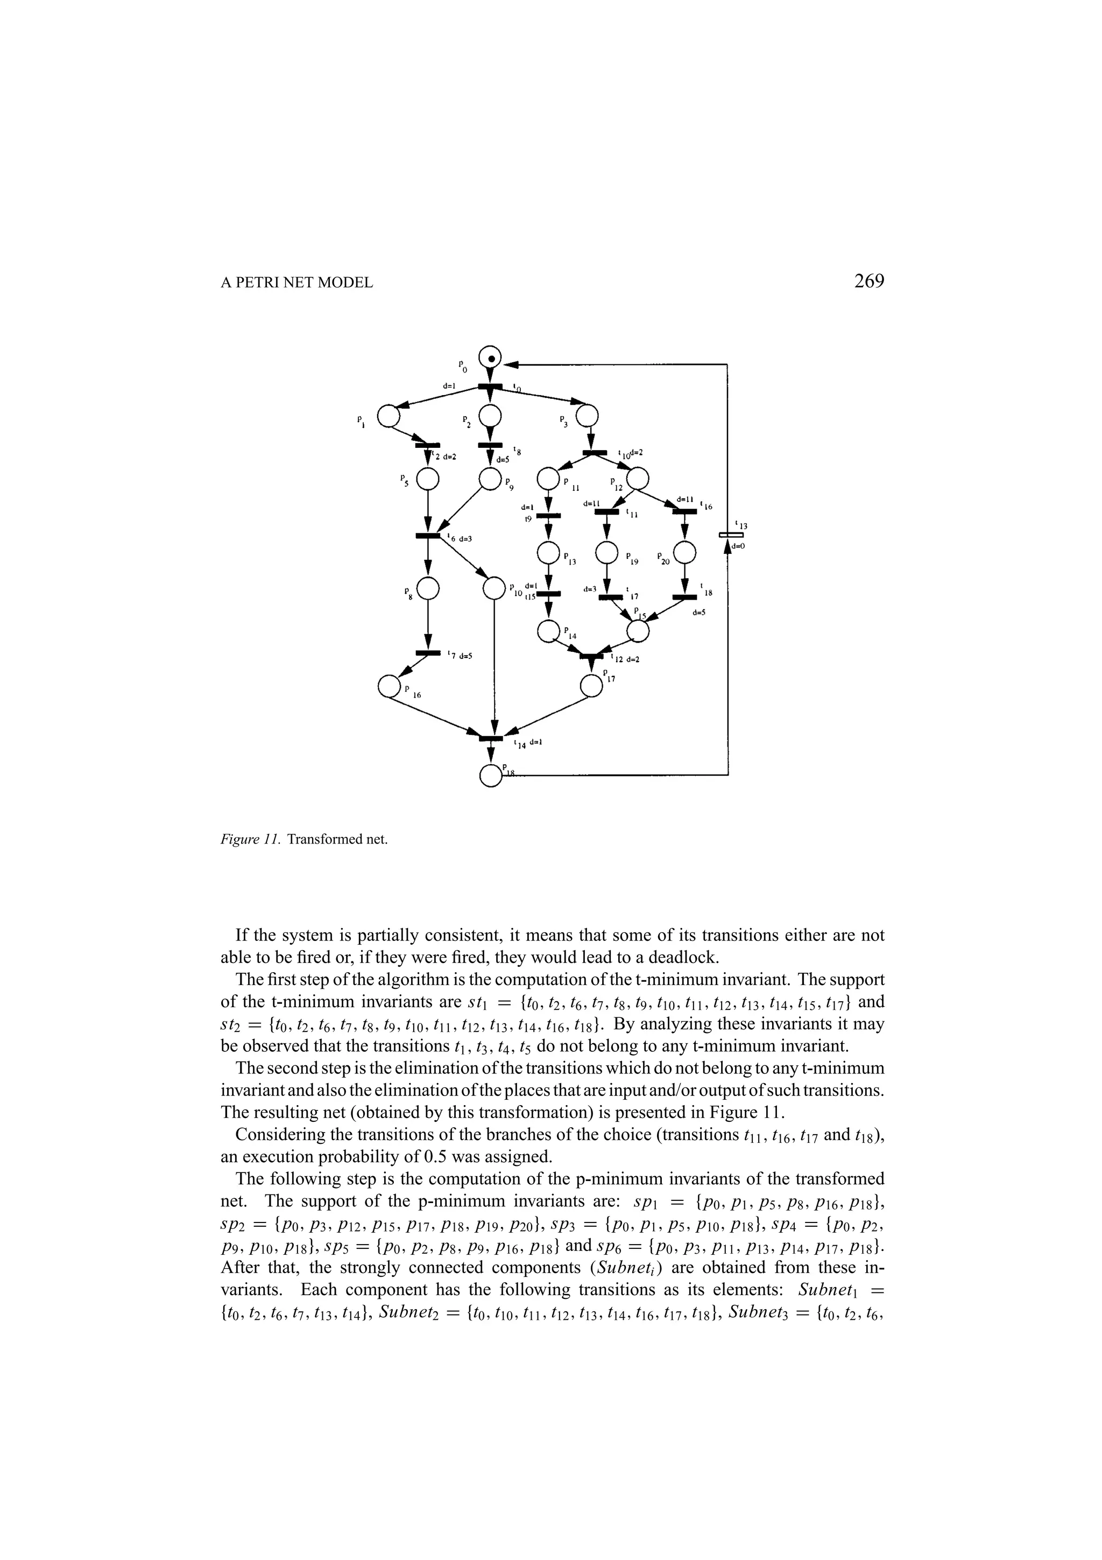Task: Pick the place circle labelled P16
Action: tap(389, 686)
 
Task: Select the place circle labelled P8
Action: tap(428, 588)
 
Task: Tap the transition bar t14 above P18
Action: tap(491, 738)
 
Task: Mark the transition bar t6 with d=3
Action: tap(428, 536)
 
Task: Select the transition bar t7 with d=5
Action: tap(428, 653)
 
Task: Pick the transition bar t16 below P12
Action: tap(684, 511)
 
